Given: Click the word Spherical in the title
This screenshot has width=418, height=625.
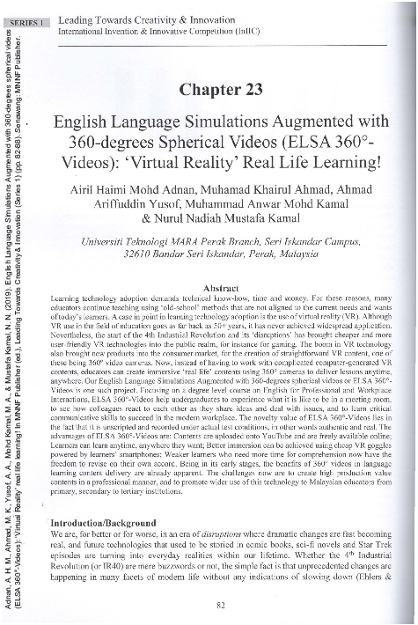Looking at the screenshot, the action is coord(209,144).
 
